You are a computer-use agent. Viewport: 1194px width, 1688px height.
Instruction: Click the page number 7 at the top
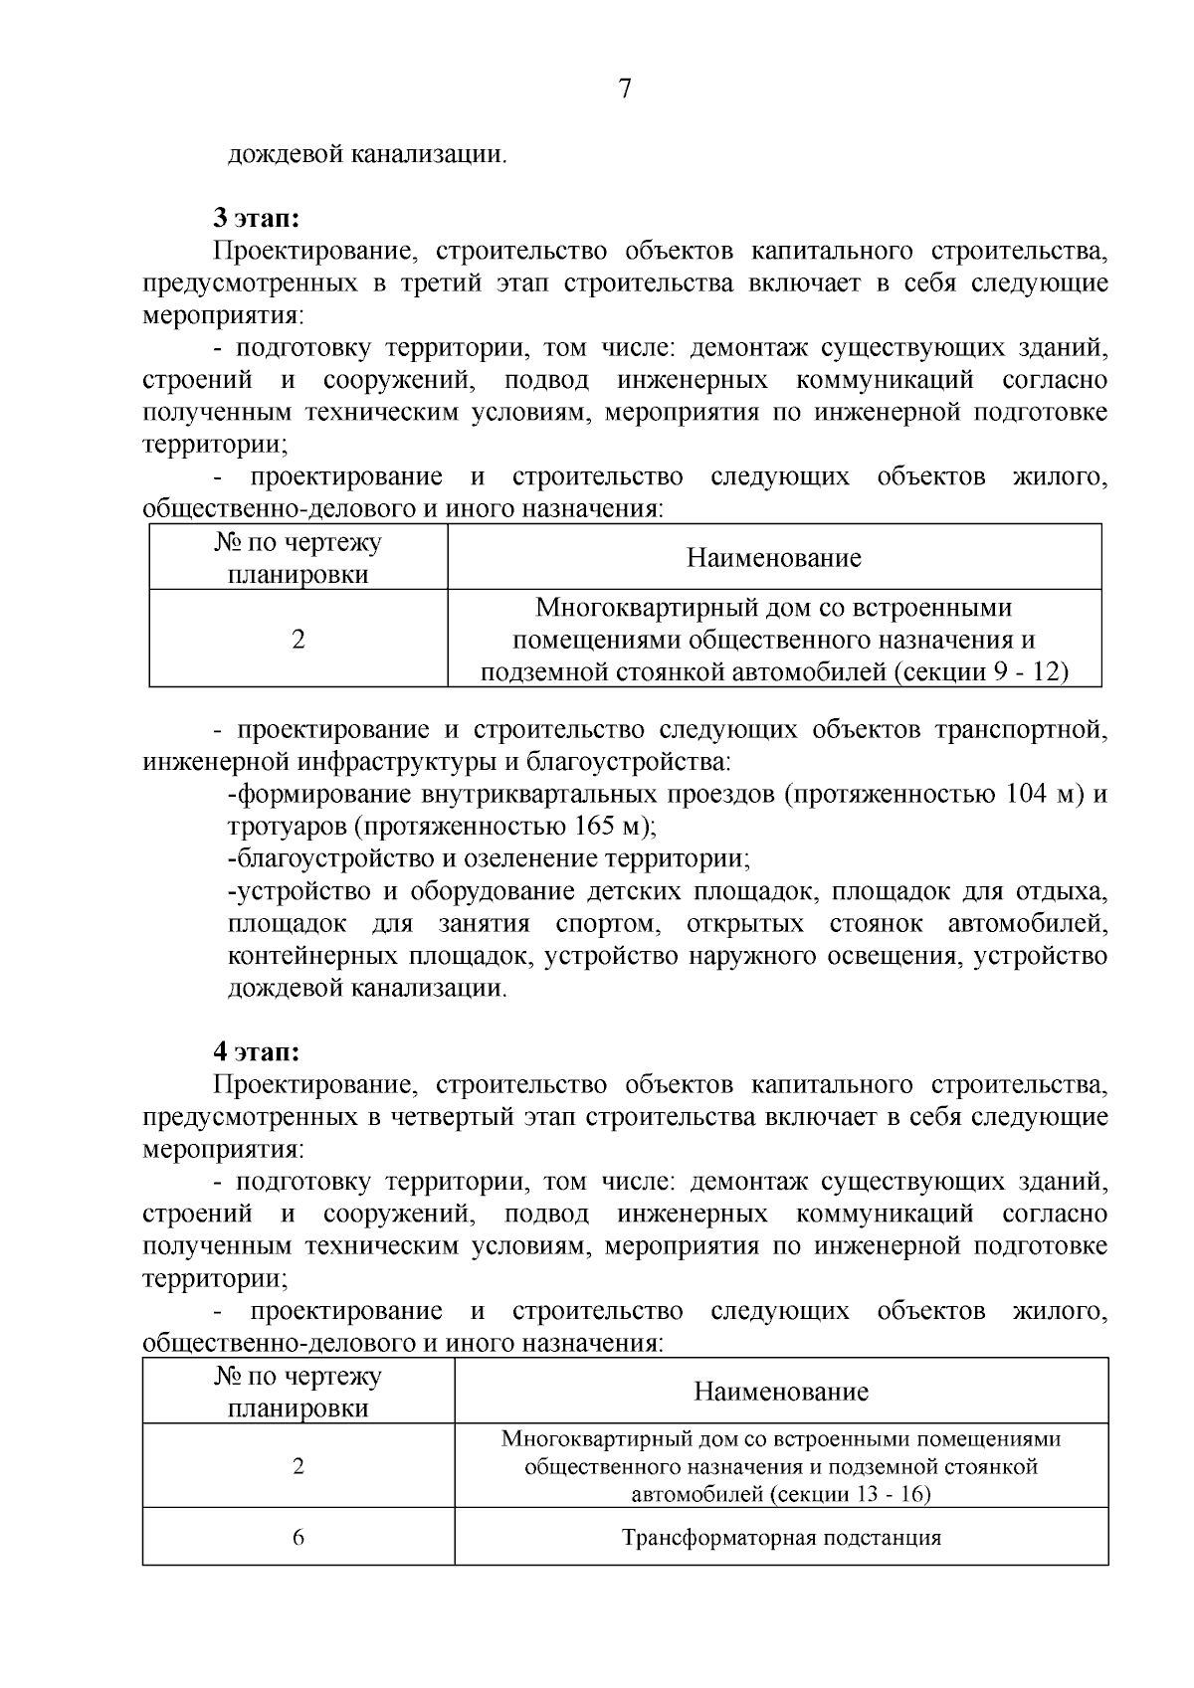(625, 90)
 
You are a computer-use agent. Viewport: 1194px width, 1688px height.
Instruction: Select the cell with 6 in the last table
(298, 1537)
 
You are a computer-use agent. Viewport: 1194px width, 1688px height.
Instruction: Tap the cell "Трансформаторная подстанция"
(781, 1538)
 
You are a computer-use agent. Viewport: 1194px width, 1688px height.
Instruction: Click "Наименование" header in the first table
(773, 558)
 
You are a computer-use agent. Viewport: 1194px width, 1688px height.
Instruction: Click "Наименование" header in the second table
(781, 1392)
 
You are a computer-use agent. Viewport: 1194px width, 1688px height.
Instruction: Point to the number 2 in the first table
(298, 639)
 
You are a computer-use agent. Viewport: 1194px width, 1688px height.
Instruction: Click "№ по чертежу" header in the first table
(298, 543)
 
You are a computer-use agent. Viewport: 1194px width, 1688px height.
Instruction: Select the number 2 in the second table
(298, 1466)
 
